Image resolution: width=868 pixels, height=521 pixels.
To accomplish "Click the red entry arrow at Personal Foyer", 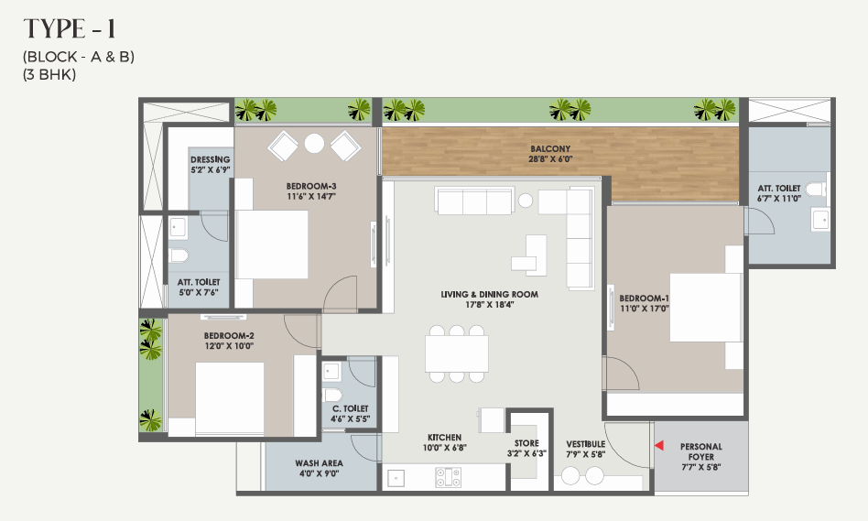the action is (658, 445).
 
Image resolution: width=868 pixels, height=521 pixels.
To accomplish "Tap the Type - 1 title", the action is (70, 29).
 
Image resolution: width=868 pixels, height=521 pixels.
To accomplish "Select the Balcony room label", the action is (550, 149).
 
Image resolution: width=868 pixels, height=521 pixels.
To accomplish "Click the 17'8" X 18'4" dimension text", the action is (489, 305).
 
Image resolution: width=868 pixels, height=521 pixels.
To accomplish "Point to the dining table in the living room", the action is (457, 353).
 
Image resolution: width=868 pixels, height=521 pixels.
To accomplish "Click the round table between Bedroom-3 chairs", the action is (314, 144).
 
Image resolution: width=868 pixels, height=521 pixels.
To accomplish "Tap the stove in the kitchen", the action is (448, 477).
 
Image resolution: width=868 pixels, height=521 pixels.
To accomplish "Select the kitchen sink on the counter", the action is (396, 478).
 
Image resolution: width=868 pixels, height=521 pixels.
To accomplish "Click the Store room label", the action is (526, 443).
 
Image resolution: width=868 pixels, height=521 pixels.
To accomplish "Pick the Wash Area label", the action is (319, 463).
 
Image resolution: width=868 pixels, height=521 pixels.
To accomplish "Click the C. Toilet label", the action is (351, 408).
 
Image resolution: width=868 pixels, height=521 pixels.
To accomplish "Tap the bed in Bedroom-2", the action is (230, 398).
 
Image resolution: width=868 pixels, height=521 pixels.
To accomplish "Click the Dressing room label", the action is (211, 159).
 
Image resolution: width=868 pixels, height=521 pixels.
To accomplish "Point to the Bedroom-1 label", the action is (644, 298).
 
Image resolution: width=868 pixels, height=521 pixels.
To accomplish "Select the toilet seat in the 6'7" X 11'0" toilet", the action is (816, 190).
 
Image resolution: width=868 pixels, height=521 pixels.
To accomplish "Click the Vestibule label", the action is (586, 444).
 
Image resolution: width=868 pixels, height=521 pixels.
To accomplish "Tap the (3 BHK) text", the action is (49, 74).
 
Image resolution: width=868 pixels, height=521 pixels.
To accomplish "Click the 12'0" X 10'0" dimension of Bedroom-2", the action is (229, 346).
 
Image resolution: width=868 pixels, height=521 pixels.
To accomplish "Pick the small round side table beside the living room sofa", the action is (526, 200).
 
